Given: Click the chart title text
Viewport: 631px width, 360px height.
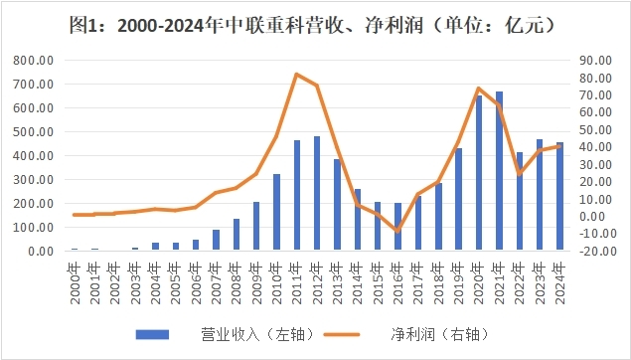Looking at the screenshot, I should (x=315, y=26).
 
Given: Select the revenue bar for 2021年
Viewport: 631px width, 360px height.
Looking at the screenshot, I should (x=500, y=171).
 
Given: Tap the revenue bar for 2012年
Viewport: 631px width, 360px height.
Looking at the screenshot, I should (x=317, y=193).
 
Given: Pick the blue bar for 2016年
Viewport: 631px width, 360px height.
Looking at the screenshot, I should (x=398, y=227).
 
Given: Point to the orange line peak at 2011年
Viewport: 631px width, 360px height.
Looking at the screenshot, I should (x=297, y=74).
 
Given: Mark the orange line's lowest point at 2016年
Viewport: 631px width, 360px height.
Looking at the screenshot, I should (x=398, y=231).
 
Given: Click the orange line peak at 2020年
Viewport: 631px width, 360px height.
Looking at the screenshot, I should (x=479, y=89).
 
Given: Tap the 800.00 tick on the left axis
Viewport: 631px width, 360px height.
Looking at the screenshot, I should (x=33, y=61).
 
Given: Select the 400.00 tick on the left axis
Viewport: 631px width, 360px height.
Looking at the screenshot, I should (x=33, y=156).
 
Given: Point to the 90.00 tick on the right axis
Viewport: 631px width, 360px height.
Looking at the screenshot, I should (x=594, y=61).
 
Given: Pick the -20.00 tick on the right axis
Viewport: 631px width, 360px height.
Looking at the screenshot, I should (x=596, y=251).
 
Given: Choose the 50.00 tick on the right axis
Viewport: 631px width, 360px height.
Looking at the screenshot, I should (x=594, y=129).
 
